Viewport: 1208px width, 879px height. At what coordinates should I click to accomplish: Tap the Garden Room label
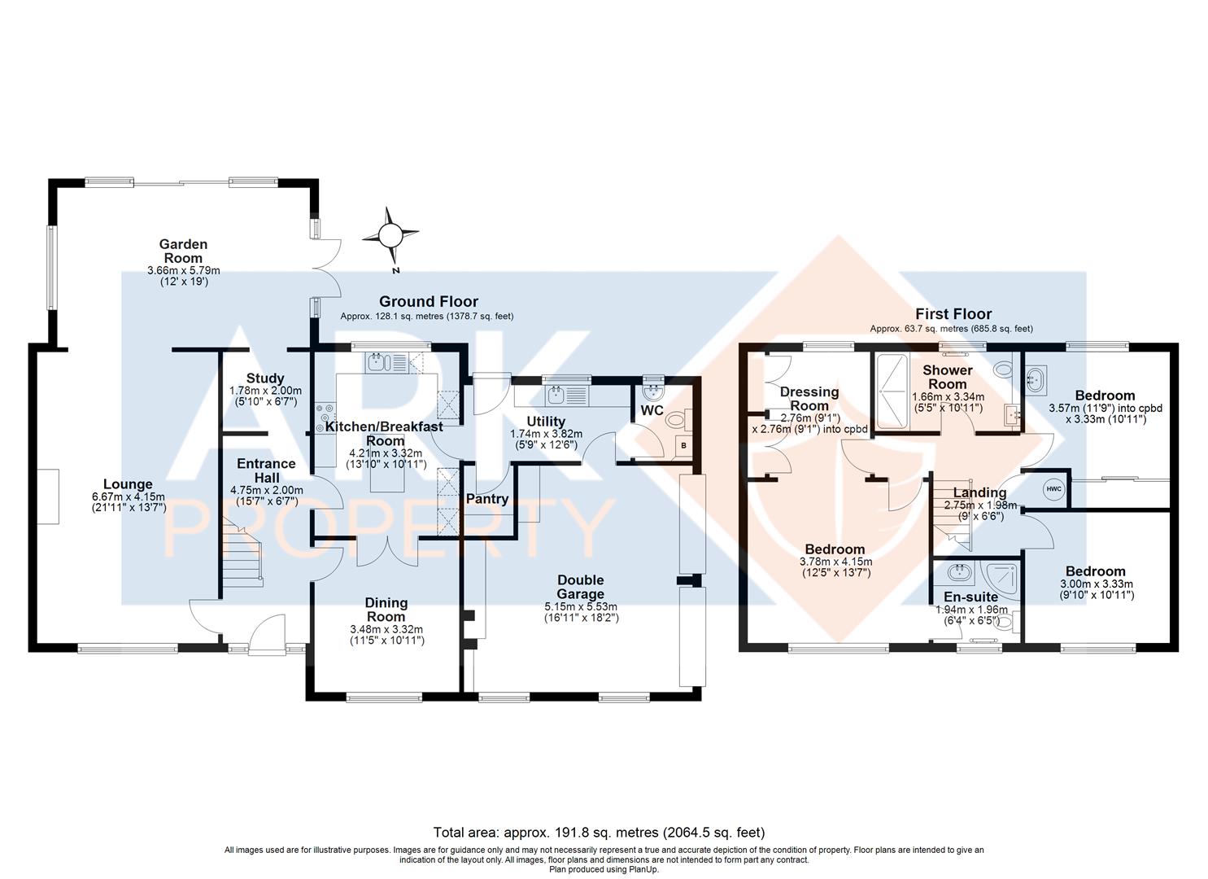183,251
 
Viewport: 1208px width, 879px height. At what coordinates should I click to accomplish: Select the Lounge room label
128,484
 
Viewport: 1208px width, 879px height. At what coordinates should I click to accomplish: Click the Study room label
265,378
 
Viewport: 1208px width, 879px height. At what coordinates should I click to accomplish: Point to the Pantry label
486,499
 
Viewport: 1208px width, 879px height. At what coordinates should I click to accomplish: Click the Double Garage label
581,587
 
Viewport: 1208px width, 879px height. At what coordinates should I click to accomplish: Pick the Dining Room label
386,610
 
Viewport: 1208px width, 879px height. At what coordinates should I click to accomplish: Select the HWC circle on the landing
1054,489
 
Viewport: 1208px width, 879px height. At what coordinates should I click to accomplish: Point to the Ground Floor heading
429,302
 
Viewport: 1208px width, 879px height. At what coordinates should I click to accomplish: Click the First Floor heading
953,313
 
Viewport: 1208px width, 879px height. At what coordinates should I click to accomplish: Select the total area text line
599,832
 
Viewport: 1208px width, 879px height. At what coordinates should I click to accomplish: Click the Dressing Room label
809,399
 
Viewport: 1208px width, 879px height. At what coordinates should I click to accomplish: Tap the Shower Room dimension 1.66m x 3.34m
948,396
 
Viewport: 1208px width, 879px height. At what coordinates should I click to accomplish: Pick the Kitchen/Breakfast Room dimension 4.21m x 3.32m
385,453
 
